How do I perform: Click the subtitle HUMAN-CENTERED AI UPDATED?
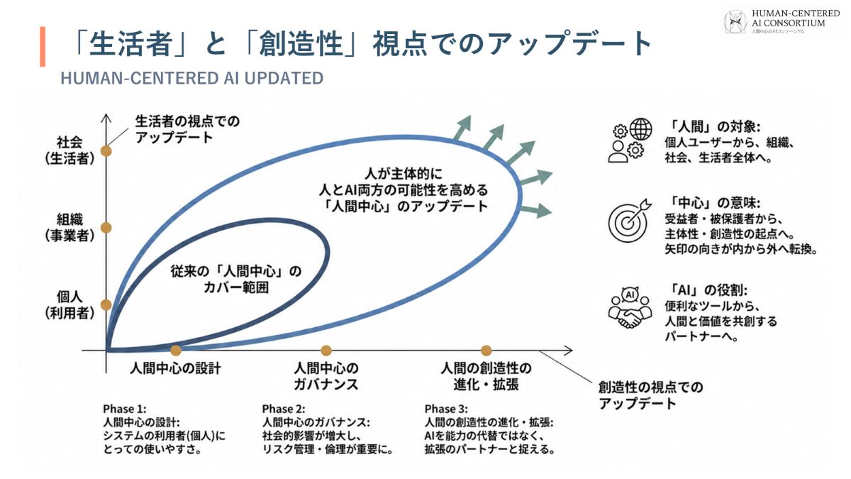point(192,78)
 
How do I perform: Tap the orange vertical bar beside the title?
point(43,46)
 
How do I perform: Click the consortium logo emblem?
point(735,22)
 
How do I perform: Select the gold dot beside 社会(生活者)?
point(106,151)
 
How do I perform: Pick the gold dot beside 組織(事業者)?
point(106,228)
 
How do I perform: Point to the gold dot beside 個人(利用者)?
point(106,304)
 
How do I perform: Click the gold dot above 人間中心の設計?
point(176,350)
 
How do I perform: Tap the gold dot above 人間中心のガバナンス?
point(326,350)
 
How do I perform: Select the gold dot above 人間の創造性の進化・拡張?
point(486,350)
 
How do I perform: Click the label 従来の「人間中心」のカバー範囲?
point(236,280)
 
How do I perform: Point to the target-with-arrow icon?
point(630,221)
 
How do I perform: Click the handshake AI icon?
point(630,307)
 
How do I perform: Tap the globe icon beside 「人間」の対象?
point(640,129)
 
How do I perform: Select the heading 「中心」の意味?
point(713,203)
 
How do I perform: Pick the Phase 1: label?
point(125,409)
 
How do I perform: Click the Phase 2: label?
point(284,409)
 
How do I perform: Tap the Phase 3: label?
point(446,409)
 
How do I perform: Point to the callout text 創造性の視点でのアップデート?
point(650,395)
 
